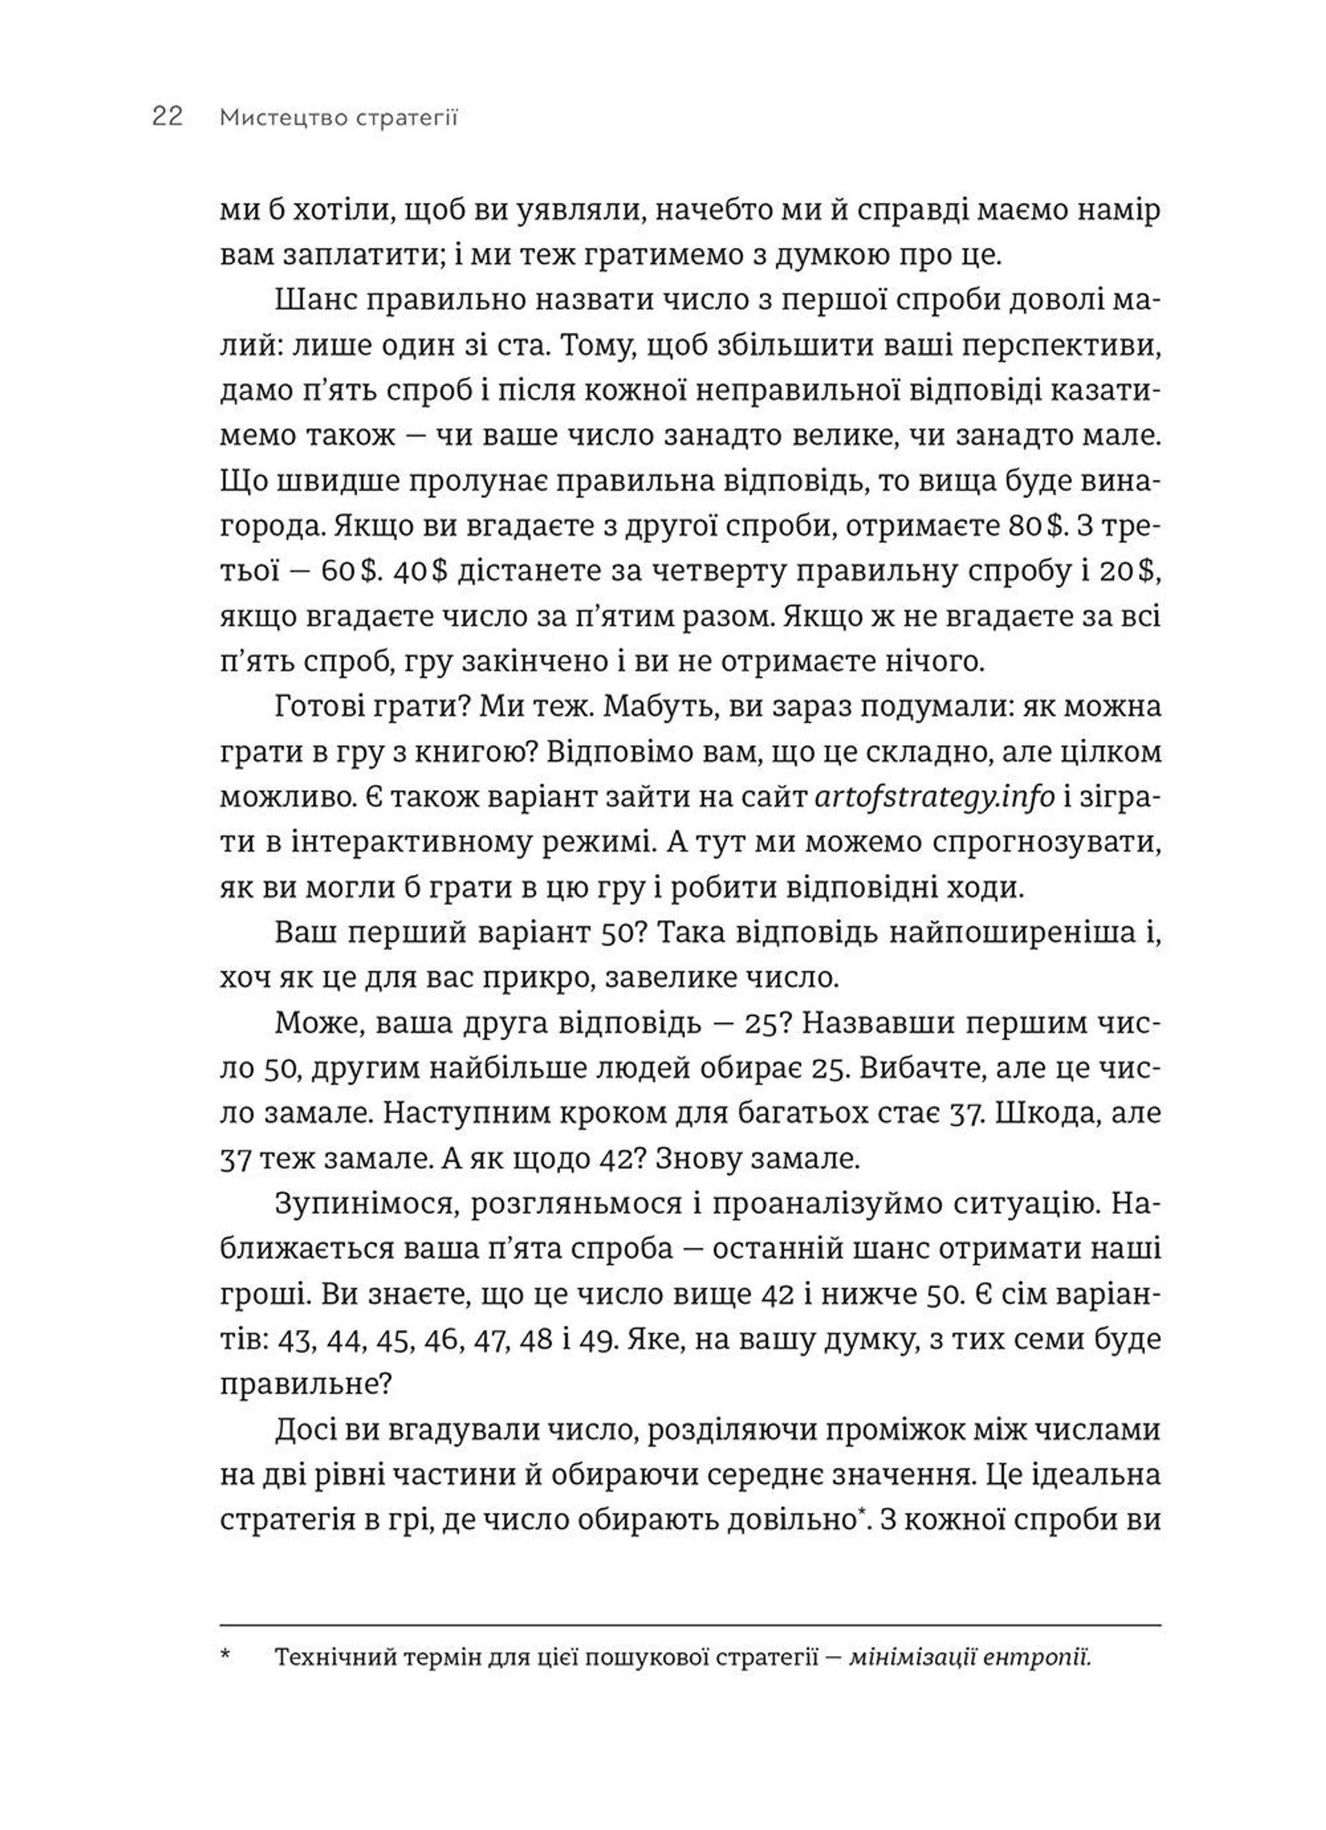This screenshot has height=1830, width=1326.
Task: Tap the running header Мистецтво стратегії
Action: click(x=338, y=118)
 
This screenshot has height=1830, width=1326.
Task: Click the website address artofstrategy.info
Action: click(x=934, y=797)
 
